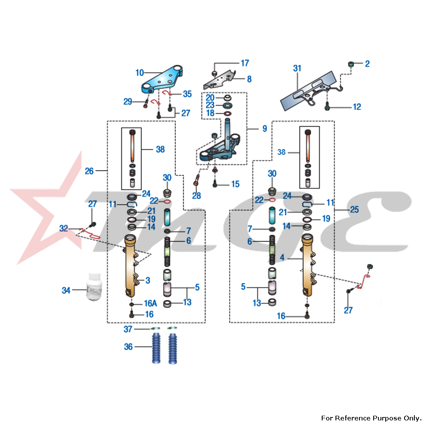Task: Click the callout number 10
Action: point(139,73)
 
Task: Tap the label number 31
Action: point(297,68)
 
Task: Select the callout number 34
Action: point(66,290)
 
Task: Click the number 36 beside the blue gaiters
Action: point(128,347)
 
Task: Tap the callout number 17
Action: point(245,63)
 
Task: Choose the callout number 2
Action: point(367,64)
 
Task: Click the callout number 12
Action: point(357,107)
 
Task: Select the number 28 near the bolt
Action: point(196,196)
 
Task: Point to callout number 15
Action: point(236,184)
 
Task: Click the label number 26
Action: point(89,171)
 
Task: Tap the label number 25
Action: point(354,210)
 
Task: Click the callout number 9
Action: point(264,128)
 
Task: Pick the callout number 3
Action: point(148,281)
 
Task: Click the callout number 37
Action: point(128,329)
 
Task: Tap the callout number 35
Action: point(187,94)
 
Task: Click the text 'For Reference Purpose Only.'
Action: point(372,418)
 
